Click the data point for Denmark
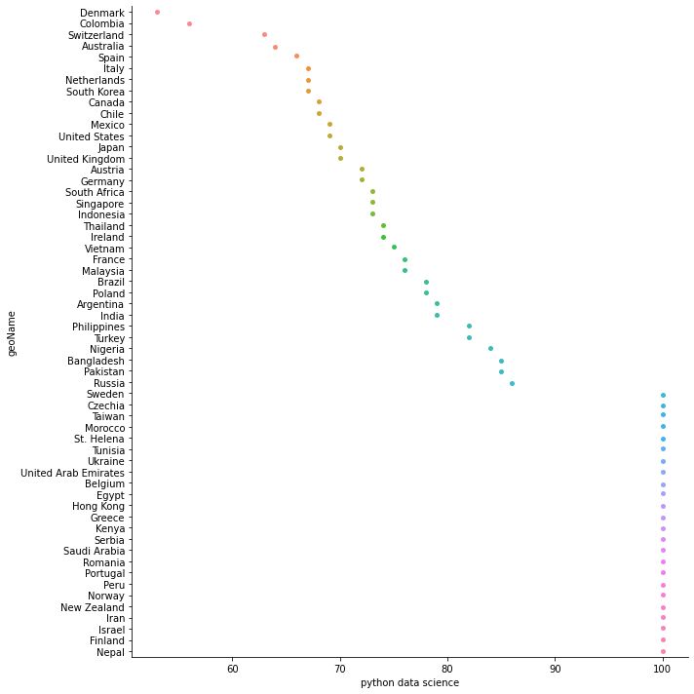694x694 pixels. pos(157,13)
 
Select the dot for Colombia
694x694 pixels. pos(189,23)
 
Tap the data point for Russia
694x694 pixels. pos(512,383)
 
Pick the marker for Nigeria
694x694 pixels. pos(490,349)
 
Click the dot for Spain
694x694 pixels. pos(296,57)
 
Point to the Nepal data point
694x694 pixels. pos(663,652)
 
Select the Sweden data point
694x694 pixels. pos(663,395)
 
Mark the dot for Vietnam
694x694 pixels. pos(394,248)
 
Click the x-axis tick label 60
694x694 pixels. pos(232,669)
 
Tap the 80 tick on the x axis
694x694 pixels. pos(447,669)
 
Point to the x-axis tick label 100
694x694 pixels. pos(663,669)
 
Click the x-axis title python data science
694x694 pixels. pos(409,683)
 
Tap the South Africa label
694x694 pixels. pos(95,193)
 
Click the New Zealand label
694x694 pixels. pos(92,607)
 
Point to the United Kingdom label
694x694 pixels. pos(86,159)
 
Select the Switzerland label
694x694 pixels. pos(96,35)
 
